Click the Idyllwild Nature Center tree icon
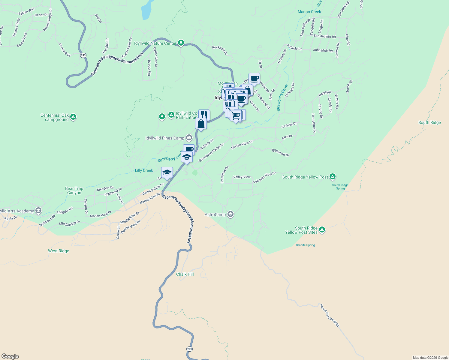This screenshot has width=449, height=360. pyautogui.click(x=181, y=43)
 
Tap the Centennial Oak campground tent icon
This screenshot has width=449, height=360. pyautogui.click(x=73, y=117)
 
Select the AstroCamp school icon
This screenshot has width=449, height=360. pyautogui.click(x=231, y=214)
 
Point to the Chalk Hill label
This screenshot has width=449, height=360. pyautogui.click(x=185, y=274)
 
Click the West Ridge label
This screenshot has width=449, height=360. pyautogui.click(x=59, y=251)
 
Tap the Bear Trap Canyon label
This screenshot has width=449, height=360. pyautogui.click(x=74, y=190)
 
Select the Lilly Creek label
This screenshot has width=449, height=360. pyautogui.click(x=144, y=170)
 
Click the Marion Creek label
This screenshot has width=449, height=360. pyautogui.click(x=309, y=12)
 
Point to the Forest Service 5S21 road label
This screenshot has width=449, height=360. pyautogui.click(x=330, y=316)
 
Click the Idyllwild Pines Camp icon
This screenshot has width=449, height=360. pyautogui.click(x=189, y=138)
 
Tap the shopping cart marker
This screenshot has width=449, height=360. pyautogui.click(x=237, y=115)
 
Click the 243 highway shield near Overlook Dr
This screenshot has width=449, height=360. pyautogui.click(x=83, y=55)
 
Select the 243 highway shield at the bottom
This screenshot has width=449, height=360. pyautogui.click(x=189, y=349)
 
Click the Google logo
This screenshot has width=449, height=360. pyautogui.click(x=10, y=356)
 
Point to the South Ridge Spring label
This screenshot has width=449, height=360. pyautogui.click(x=340, y=187)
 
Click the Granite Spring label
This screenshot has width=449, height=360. pyautogui.click(x=305, y=245)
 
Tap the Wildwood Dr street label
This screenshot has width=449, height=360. pyautogui.click(x=281, y=153)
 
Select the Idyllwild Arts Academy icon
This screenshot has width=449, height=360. pyautogui.click(x=38, y=211)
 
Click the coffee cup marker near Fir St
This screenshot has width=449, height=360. pyautogui.click(x=254, y=79)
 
